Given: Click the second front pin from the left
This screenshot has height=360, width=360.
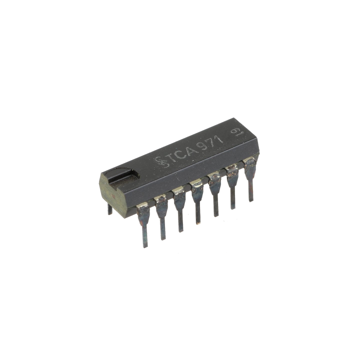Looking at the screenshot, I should [x=162, y=220].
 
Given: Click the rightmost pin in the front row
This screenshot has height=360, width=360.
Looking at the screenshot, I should [x=248, y=183].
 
